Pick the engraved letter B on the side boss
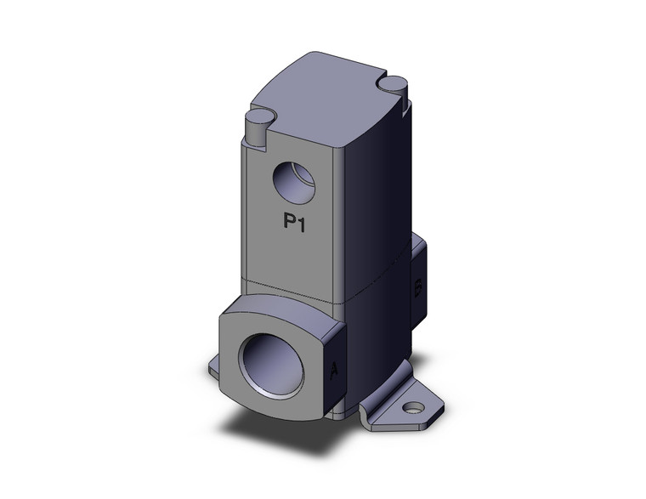(417, 287)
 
